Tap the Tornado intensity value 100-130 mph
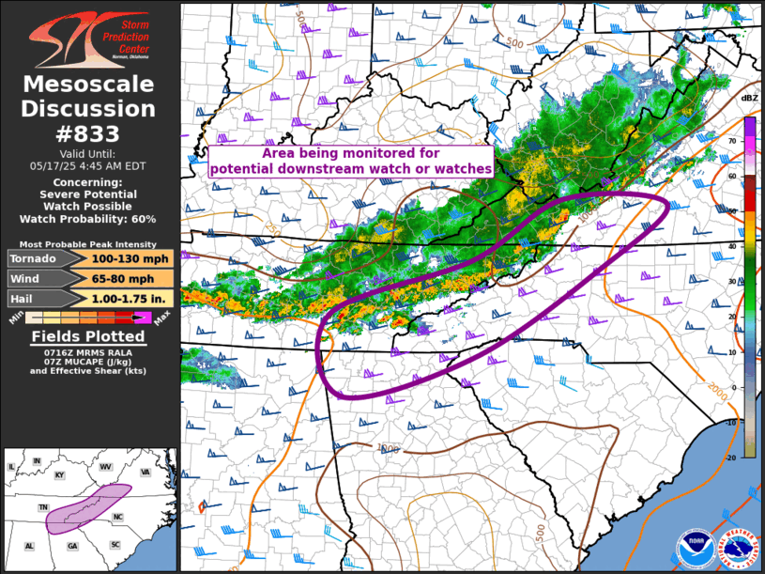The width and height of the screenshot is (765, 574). (x=131, y=258)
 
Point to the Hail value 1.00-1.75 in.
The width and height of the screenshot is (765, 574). (x=131, y=299)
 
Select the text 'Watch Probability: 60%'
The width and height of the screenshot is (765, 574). (x=88, y=219)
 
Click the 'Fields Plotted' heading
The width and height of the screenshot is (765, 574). (x=88, y=336)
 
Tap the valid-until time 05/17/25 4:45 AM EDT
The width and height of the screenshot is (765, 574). (x=88, y=163)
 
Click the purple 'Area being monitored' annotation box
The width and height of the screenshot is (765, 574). (x=351, y=161)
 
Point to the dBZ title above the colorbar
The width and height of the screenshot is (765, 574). (x=749, y=99)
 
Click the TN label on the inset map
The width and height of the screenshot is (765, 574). (x=43, y=507)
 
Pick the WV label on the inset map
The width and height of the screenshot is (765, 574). (x=106, y=467)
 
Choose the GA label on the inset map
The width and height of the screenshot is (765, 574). (x=72, y=546)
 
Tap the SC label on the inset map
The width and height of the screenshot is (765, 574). (x=115, y=544)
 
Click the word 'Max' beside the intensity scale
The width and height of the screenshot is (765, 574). (x=161, y=319)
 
